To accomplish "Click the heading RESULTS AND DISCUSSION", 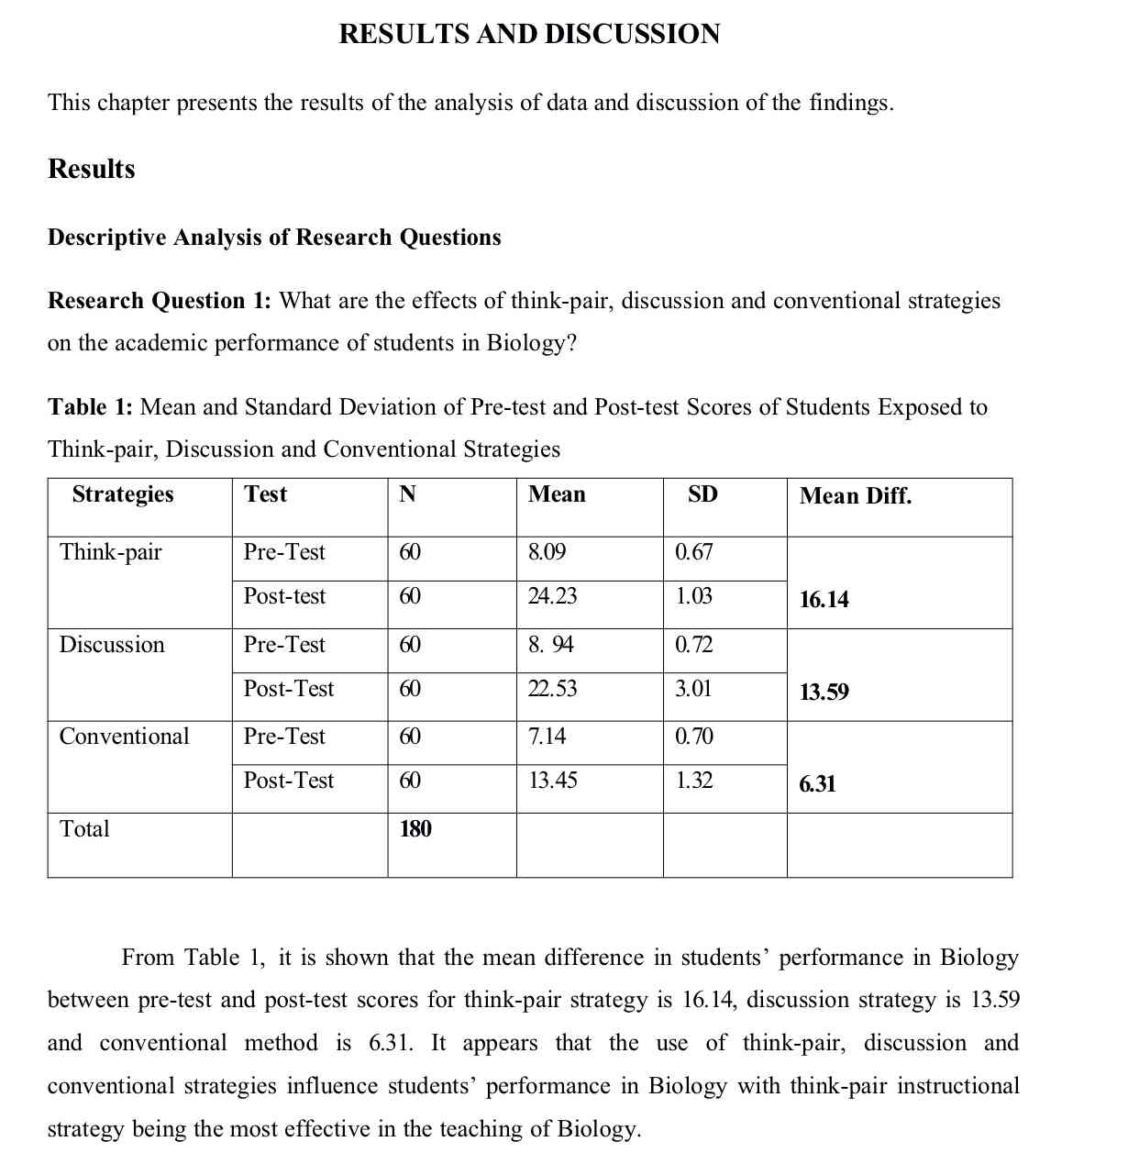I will [529, 35].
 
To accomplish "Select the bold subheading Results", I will [92, 170].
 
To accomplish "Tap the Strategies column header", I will [123, 494].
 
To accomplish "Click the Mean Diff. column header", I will [856, 496].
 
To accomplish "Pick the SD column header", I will [702, 494].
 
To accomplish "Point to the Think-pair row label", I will [111, 552].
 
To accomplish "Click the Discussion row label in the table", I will [112, 645].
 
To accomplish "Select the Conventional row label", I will [125, 737].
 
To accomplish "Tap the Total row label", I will [84, 829].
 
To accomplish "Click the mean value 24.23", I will [553, 596].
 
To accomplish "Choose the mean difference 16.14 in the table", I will [824, 600].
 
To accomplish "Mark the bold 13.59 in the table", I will [824, 692].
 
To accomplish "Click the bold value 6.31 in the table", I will [817, 784].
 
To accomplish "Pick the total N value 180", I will [415, 829].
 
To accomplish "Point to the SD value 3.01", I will [693, 689].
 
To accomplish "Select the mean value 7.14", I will [547, 737].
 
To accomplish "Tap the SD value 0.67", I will [693, 552].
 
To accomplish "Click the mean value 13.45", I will [553, 781].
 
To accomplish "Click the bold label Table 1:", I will [91, 407].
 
